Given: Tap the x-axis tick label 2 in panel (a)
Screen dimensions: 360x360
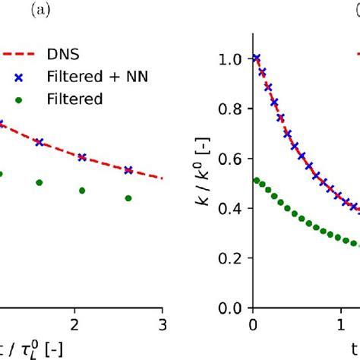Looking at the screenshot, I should tap(73, 325).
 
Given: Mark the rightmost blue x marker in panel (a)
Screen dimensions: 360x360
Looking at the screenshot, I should tap(128, 170).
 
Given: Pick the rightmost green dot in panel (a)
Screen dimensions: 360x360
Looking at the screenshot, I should tap(128, 198).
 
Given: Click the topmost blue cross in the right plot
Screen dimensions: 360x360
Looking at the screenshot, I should tap(256, 58).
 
